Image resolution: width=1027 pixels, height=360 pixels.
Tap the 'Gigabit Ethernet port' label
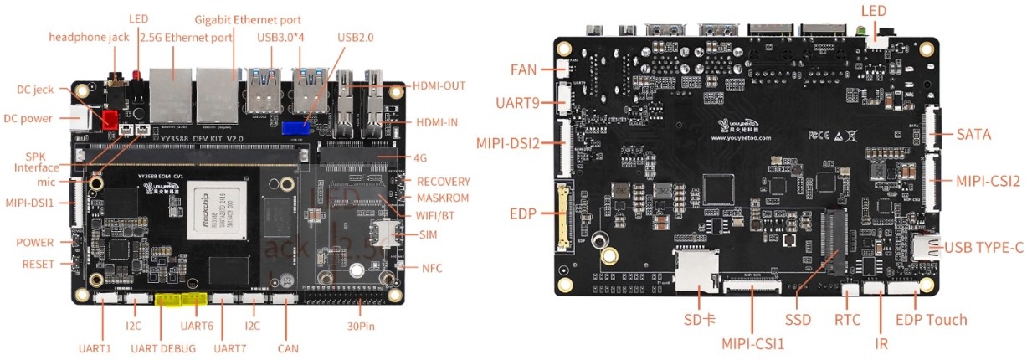click(x=248, y=19)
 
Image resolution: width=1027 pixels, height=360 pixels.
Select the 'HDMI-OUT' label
click(x=439, y=85)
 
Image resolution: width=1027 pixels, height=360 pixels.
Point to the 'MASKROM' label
click(x=444, y=198)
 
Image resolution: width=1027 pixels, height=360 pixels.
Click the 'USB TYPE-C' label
click(x=983, y=248)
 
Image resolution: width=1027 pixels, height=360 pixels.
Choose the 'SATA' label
click(x=973, y=134)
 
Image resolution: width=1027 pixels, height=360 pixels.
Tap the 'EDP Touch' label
click(x=931, y=320)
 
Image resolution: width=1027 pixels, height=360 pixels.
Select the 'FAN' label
click(x=528, y=69)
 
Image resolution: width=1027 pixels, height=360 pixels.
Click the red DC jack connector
click(x=109, y=119)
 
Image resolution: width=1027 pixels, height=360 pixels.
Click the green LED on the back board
click(x=860, y=34)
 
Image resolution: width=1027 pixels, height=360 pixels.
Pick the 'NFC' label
click(x=433, y=268)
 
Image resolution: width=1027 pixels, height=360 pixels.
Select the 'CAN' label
click(x=287, y=348)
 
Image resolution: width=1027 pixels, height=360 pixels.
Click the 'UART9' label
click(x=521, y=104)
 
